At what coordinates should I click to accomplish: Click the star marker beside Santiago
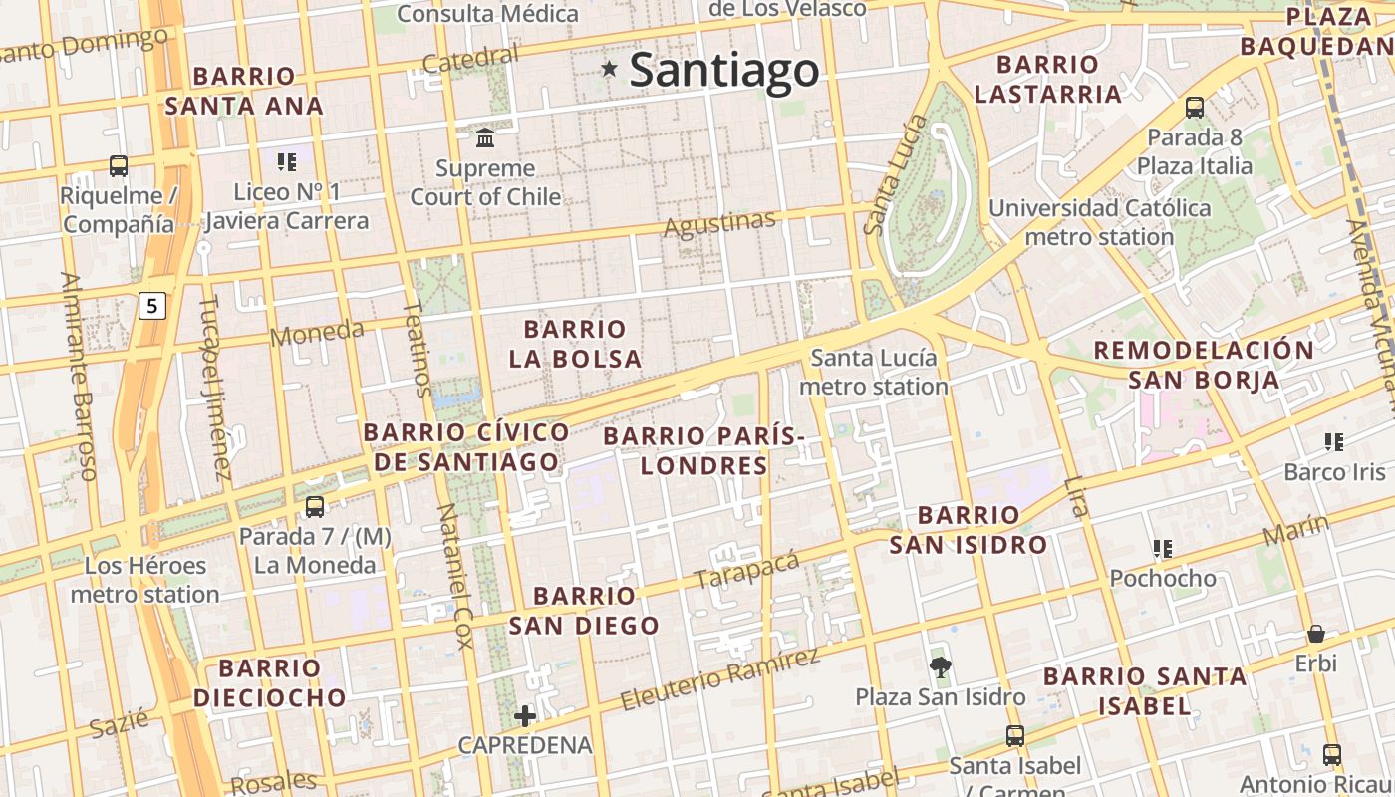click(609, 69)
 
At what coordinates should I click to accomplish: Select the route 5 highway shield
click(150, 306)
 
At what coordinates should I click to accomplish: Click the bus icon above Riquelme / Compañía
click(119, 165)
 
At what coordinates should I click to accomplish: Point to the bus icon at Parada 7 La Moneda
click(315, 506)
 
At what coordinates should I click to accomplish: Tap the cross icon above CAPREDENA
click(525, 715)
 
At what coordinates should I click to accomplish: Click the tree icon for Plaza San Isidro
click(940, 666)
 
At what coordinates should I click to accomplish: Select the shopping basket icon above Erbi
click(1316, 634)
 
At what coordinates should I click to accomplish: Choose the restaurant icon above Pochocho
click(1162, 548)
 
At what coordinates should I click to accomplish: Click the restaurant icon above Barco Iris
click(1334, 441)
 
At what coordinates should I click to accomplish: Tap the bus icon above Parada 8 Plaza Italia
click(1195, 108)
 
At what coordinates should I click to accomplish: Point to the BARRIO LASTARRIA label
click(1048, 80)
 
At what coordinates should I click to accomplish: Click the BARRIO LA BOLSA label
click(575, 344)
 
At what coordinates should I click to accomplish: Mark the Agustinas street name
click(718, 224)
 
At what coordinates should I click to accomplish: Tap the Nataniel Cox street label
click(454, 576)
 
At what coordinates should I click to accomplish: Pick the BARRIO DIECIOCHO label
click(270, 682)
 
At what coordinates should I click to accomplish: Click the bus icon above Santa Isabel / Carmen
click(1015, 736)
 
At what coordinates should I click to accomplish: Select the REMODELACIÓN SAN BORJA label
click(1204, 365)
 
